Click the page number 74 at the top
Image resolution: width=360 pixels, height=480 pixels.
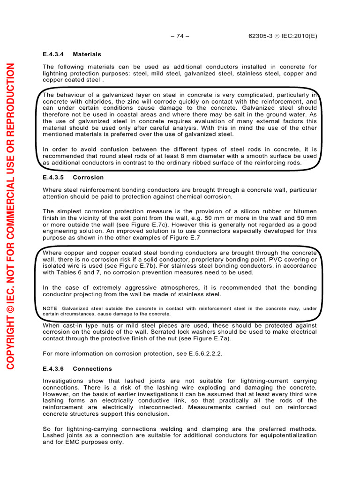click(180, 36)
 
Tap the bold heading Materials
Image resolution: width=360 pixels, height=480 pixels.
click(87, 54)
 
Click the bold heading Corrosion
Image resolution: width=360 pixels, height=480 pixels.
click(88, 178)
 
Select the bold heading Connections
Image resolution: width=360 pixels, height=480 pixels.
click(92, 368)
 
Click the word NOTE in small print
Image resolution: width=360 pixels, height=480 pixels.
click(50, 308)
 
